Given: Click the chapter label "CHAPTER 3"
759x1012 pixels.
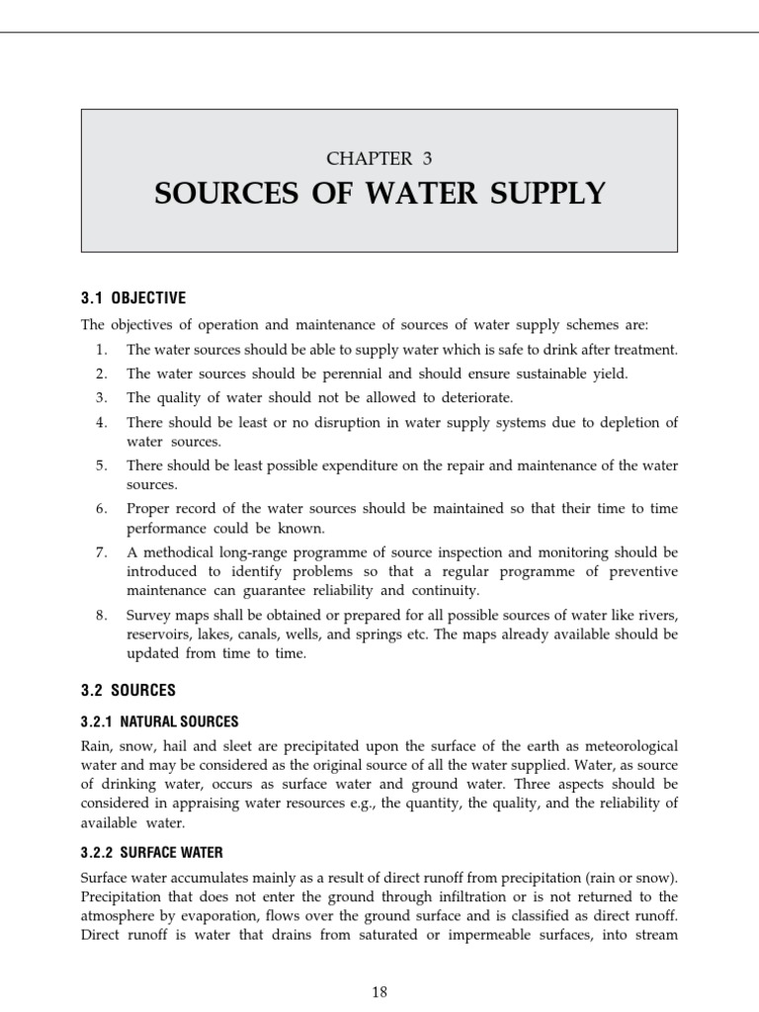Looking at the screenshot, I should [x=379, y=158].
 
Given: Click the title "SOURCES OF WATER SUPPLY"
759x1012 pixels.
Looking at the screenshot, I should [x=379, y=194].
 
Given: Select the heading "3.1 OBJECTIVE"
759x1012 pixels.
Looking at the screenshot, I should [x=133, y=298].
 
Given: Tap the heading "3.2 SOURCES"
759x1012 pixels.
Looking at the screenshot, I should [x=128, y=690].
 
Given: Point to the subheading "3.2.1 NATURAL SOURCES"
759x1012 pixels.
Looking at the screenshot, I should [x=160, y=721].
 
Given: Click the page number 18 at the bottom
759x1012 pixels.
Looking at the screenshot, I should [x=379, y=993].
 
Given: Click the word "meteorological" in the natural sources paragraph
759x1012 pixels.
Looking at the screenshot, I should [x=629, y=745].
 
